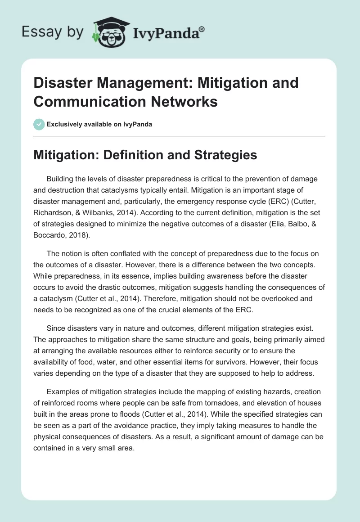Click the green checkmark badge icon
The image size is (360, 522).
click(x=39, y=124)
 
